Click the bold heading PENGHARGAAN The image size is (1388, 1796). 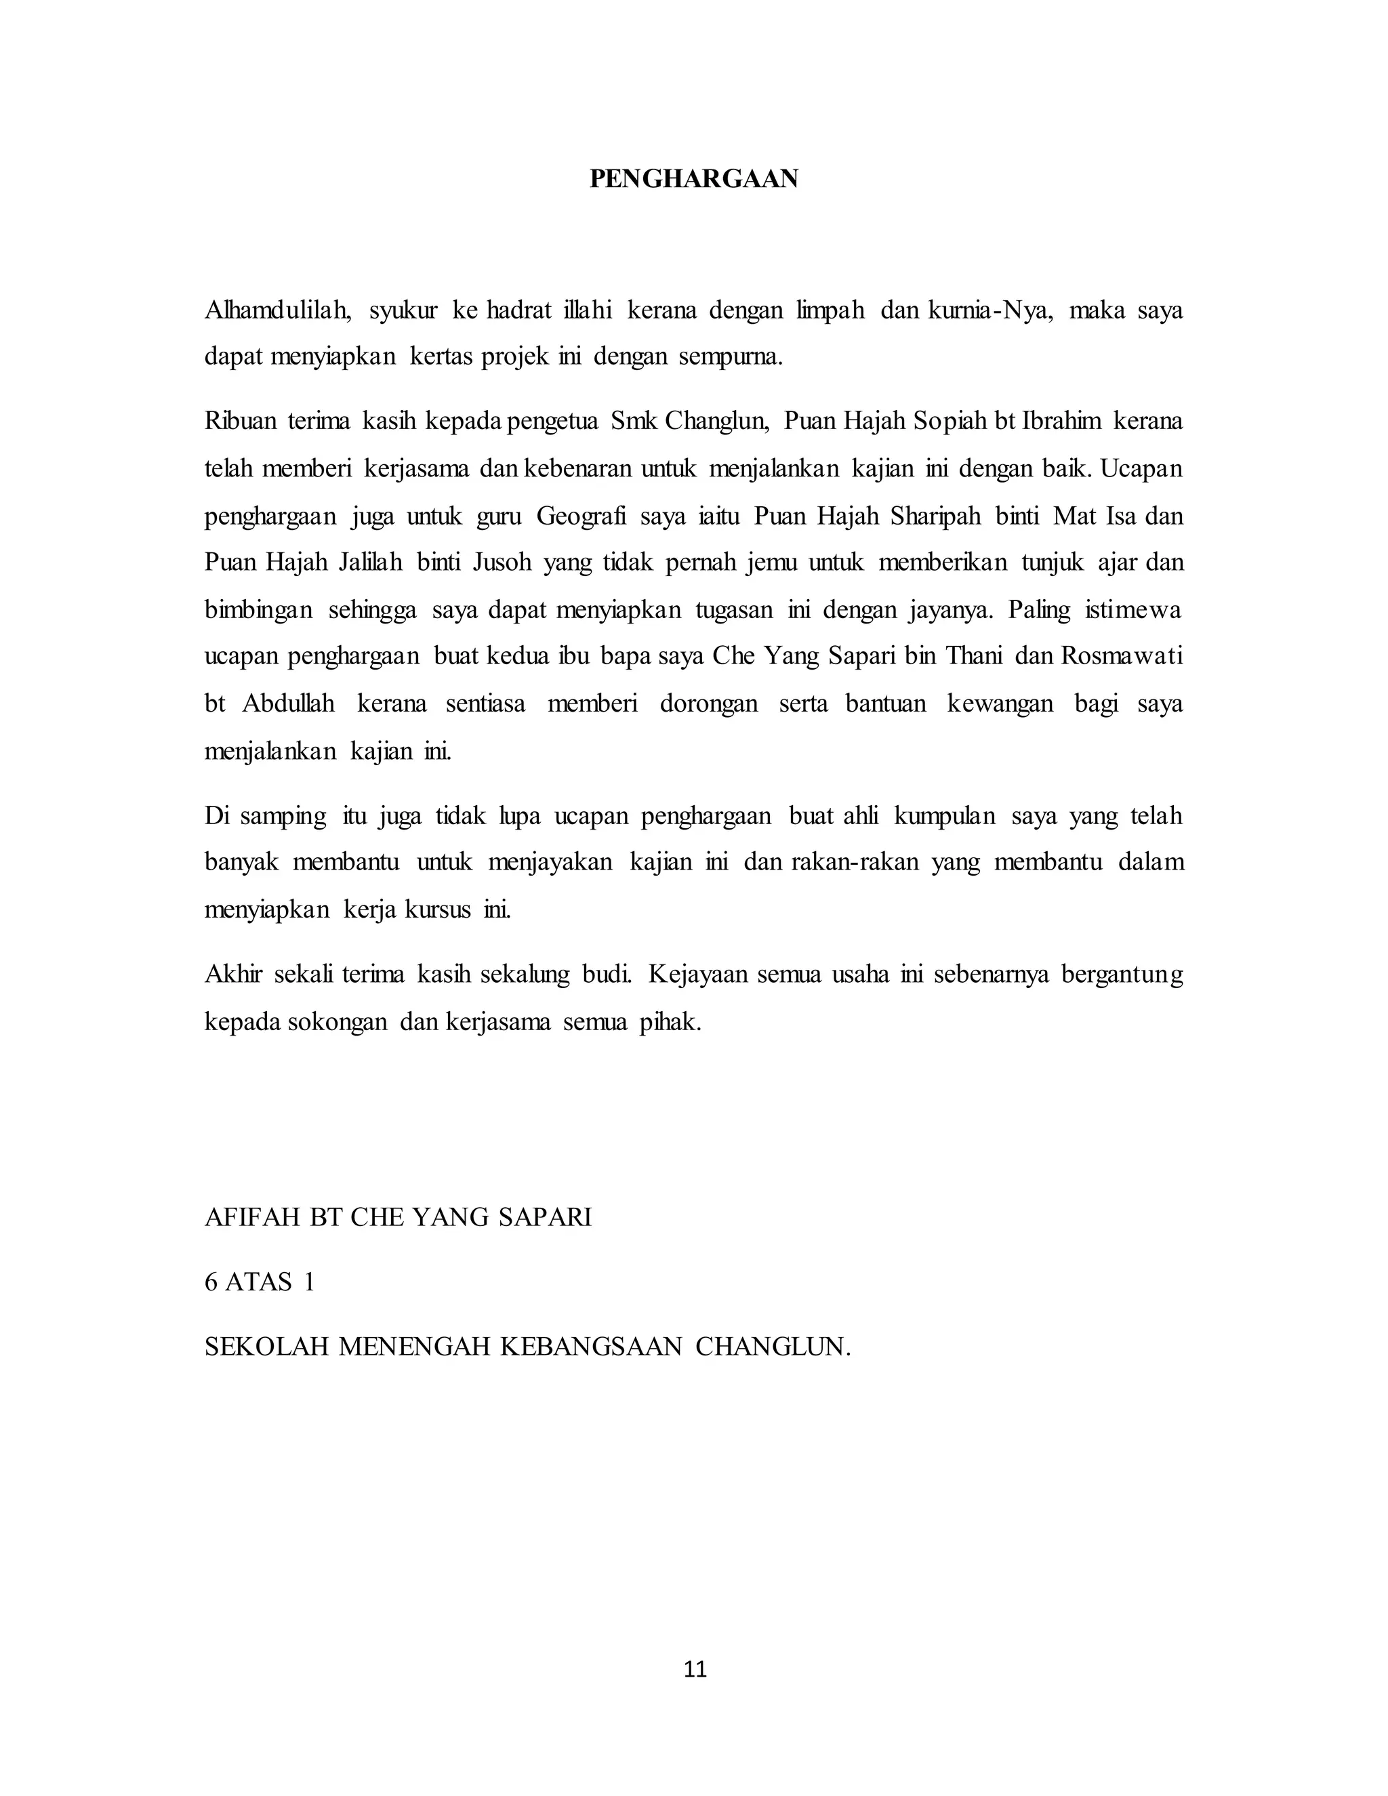[x=693, y=180]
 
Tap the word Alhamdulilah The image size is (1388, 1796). [x=278, y=311]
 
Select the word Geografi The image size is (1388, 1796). [x=581, y=516]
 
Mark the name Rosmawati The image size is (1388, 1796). [x=1122, y=656]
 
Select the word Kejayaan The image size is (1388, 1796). [x=697, y=975]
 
